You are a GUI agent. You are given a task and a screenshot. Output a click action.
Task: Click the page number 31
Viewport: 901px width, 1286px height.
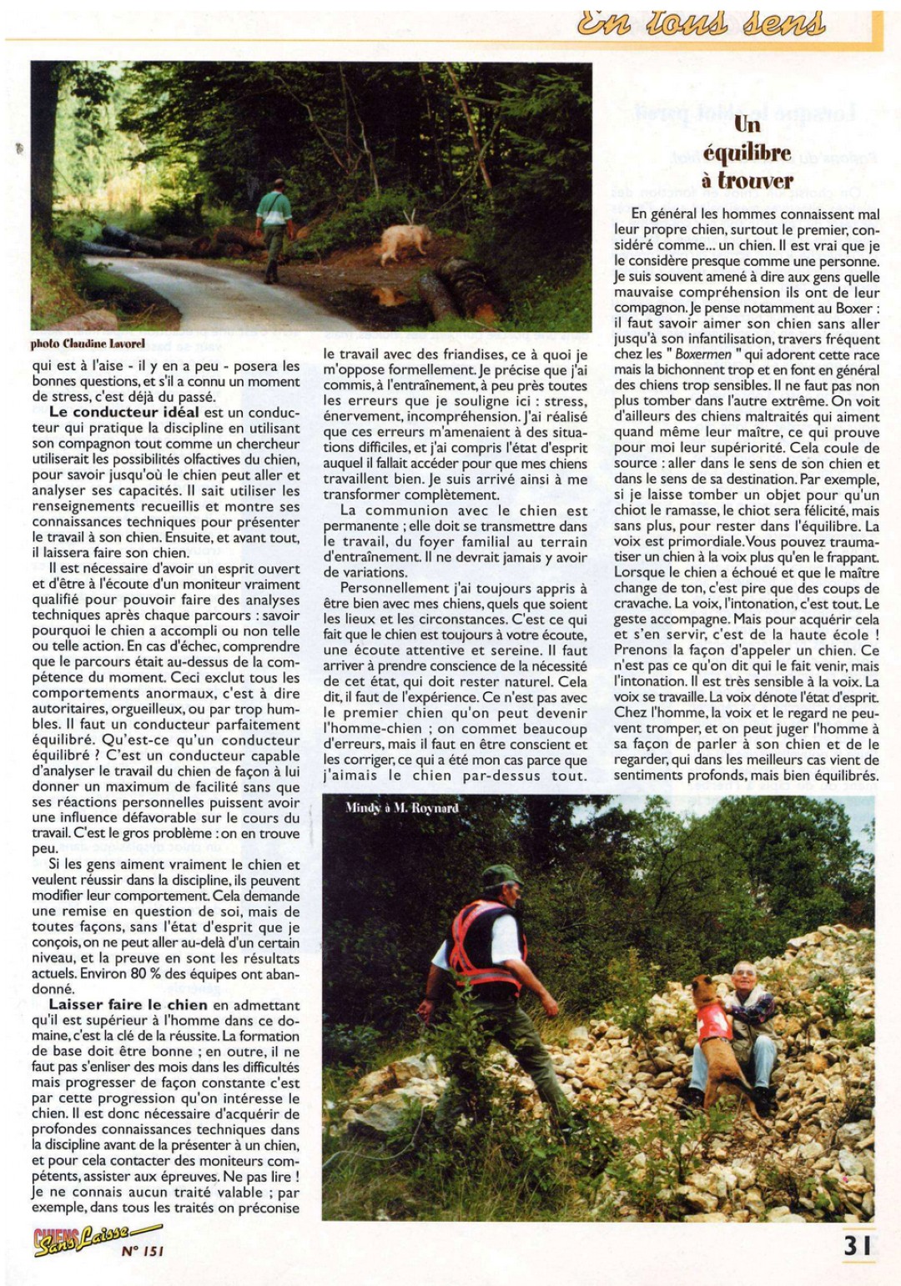857,1245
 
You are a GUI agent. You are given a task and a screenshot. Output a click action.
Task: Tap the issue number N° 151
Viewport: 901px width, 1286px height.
143,1250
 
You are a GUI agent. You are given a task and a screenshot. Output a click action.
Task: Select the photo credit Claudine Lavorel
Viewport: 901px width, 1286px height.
88,343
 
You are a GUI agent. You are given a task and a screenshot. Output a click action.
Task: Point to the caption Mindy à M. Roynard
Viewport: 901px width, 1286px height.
401,807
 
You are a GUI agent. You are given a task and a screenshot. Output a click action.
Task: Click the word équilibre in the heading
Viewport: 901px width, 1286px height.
747,153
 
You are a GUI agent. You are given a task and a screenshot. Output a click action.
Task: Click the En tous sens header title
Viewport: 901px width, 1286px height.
701,23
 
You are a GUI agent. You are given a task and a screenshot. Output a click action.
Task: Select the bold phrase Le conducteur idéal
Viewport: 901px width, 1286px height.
123,412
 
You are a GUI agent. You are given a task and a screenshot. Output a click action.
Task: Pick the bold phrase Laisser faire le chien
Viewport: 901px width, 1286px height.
128,1005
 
